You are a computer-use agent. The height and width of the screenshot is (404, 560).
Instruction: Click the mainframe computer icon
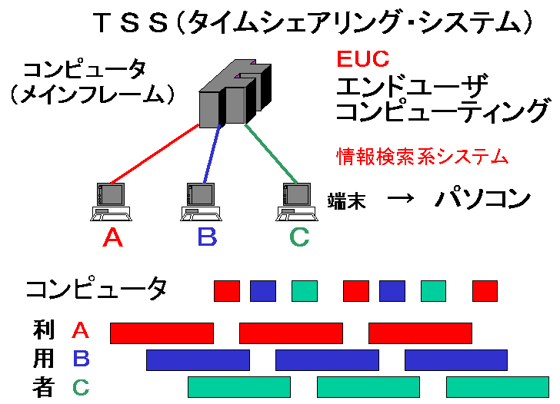coord(234,94)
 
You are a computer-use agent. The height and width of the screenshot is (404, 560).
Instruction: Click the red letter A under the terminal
coord(112,237)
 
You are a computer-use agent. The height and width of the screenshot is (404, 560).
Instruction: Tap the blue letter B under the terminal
coord(206,237)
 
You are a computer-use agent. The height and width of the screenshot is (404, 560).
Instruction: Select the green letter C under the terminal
coord(298,237)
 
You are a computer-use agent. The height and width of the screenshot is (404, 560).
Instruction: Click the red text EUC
coord(362,58)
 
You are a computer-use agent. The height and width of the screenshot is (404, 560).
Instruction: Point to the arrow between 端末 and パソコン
coord(400,198)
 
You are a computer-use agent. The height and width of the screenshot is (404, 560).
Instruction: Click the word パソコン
coord(482,200)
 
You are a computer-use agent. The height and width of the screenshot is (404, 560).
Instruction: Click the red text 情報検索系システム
coord(422,157)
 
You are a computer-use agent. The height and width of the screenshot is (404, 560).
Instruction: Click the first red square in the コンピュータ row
coord(227,291)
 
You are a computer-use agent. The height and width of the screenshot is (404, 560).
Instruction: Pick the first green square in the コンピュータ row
coord(305,291)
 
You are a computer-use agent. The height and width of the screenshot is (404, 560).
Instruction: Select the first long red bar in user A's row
coord(162,333)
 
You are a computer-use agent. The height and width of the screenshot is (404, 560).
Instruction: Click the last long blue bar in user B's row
coord(456,360)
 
